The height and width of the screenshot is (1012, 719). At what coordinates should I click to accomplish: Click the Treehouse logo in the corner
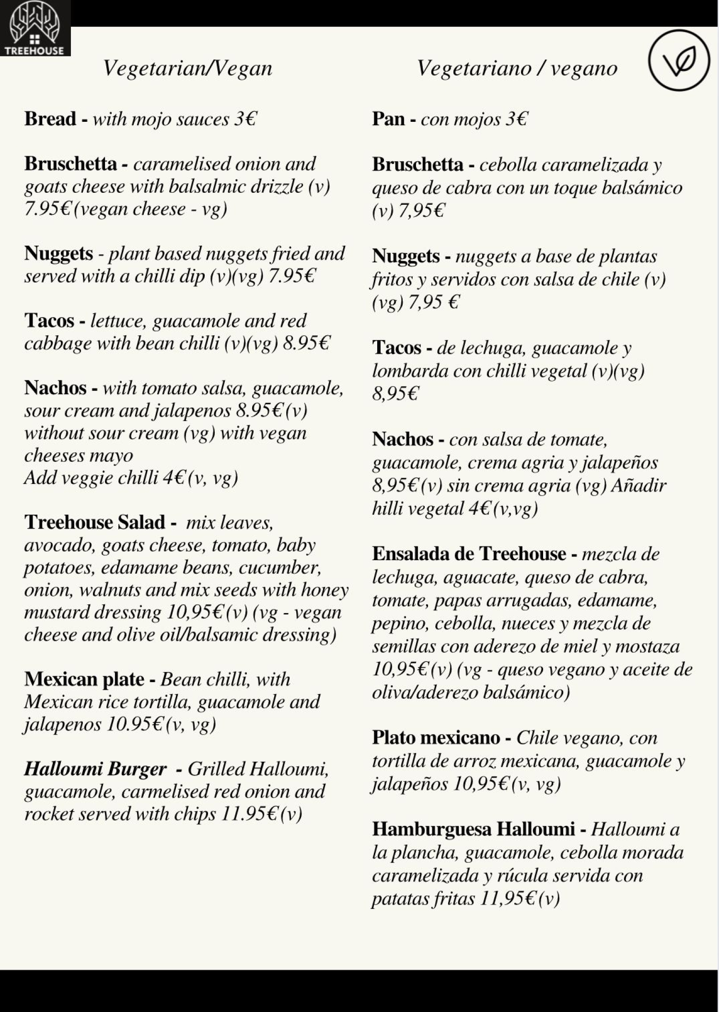pyautogui.click(x=35, y=28)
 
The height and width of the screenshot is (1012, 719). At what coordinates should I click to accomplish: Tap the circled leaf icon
pyautogui.click(x=679, y=60)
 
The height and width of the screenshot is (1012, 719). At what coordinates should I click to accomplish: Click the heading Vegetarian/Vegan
pyautogui.click(x=187, y=69)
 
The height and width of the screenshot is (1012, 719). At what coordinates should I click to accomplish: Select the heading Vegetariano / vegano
pyautogui.click(x=517, y=69)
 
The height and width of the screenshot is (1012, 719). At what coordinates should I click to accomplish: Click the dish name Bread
pyautogui.click(x=50, y=119)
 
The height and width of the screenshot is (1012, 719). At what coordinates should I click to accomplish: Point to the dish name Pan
pyautogui.click(x=388, y=119)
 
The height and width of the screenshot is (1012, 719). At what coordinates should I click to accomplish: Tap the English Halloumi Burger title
pyautogui.click(x=95, y=769)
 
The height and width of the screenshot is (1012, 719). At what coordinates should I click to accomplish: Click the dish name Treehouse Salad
pyautogui.click(x=94, y=522)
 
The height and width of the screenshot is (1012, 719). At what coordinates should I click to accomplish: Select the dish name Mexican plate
pyautogui.click(x=84, y=679)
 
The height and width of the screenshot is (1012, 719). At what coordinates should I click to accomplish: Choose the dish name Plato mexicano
pyautogui.click(x=436, y=738)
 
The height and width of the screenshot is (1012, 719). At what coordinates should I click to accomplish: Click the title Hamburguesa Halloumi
pyautogui.click(x=473, y=829)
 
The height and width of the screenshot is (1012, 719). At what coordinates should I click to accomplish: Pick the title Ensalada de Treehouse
pyautogui.click(x=469, y=554)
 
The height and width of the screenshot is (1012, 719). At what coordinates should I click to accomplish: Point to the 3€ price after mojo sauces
pyautogui.click(x=245, y=119)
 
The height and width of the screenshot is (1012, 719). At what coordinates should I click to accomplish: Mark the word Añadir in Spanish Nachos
pyautogui.click(x=639, y=485)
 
